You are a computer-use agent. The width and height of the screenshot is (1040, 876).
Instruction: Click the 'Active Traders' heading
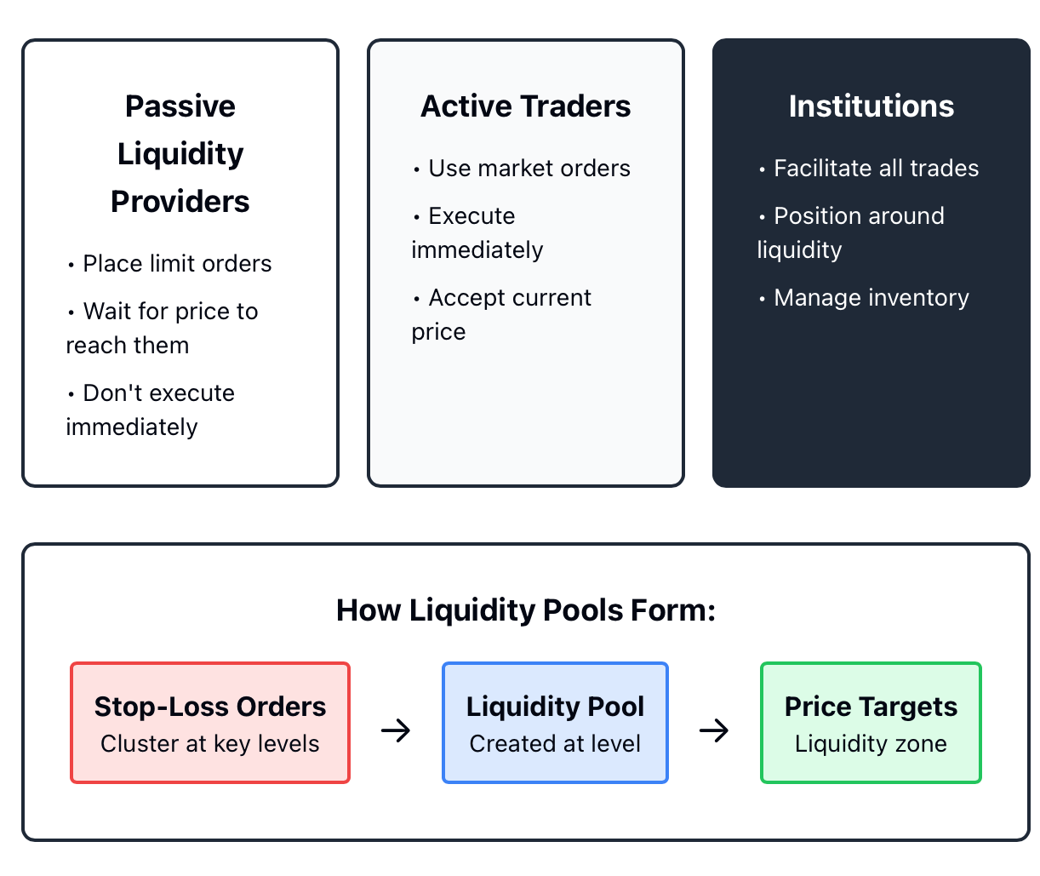[x=525, y=106]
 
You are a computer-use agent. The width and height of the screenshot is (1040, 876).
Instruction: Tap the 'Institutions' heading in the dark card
[x=871, y=106]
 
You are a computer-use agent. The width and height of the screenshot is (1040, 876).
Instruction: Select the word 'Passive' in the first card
[x=180, y=106]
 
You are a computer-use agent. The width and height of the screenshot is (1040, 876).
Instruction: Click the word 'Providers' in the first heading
[x=180, y=202]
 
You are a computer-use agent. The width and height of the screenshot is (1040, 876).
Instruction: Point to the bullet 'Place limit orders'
[x=169, y=264]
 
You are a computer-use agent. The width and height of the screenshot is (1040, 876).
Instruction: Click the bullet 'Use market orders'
[x=522, y=169]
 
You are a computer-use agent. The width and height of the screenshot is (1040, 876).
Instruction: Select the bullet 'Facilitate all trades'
[x=868, y=169]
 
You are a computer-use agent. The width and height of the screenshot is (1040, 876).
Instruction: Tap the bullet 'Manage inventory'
[x=864, y=298]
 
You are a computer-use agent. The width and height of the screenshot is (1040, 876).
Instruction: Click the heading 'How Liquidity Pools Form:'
[x=526, y=610]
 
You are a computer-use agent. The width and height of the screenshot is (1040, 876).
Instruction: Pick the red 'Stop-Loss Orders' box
[x=210, y=723]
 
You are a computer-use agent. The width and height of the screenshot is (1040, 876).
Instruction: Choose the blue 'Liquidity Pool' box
[x=555, y=723]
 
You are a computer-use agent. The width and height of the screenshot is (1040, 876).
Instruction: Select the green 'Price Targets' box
[x=871, y=723]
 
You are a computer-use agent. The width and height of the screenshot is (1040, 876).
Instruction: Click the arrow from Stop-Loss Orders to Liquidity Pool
[x=396, y=730]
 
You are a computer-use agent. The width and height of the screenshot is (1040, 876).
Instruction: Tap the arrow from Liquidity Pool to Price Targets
[x=714, y=730]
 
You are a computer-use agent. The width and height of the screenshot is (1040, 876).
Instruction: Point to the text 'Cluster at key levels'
[x=209, y=744]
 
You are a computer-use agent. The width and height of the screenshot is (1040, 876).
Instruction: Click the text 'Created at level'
[x=555, y=744]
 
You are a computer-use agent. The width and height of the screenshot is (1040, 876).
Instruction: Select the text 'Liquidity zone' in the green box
[x=871, y=744]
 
